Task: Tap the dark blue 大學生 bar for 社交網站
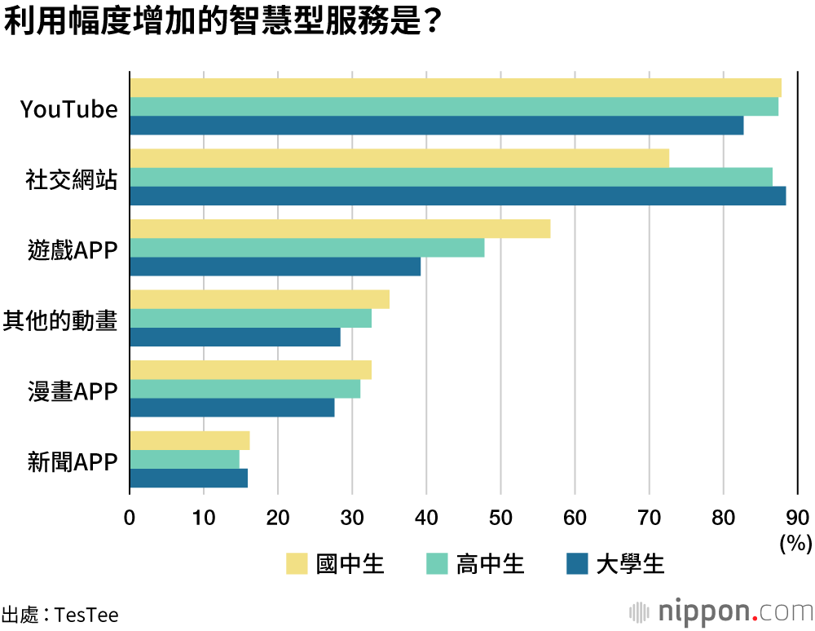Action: point(457,196)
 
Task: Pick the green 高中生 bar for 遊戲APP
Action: point(306,248)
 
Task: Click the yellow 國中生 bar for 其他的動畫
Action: point(259,299)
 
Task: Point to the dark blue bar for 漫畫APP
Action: point(231,408)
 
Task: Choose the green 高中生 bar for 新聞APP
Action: point(184,460)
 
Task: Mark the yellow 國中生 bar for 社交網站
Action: point(399,158)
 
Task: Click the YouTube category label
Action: point(69,109)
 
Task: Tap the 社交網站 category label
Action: point(72,180)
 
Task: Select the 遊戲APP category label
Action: point(73,250)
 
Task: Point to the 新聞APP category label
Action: point(73,462)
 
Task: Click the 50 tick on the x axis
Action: point(500,517)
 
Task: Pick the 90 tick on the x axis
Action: point(797,517)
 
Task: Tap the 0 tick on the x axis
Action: point(130,517)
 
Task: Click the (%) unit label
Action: point(796,543)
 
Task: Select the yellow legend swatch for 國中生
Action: point(297,563)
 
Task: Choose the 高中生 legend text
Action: point(490,563)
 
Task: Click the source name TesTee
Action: point(86,614)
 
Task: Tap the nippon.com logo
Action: point(720,611)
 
